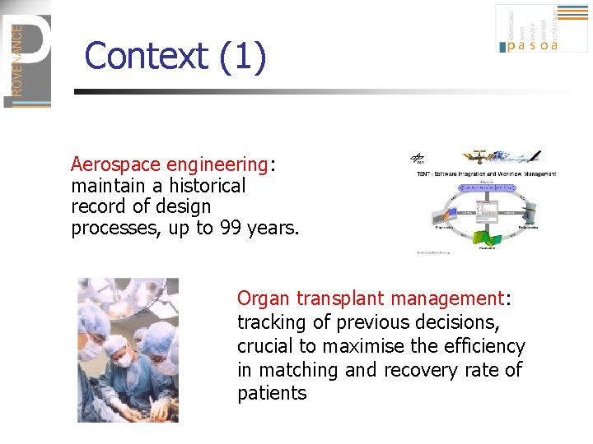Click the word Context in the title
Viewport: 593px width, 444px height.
pyautogui.click(x=146, y=58)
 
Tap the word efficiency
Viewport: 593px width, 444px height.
pyautogui.click(x=482, y=346)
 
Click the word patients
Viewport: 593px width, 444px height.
pyautogui.click(x=272, y=394)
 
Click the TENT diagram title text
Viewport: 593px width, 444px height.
pyautogui.click(x=485, y=173)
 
